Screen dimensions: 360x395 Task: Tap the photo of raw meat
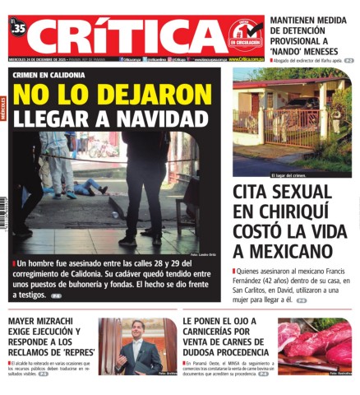[314, 346]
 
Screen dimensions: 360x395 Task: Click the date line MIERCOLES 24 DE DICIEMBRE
[38, 59]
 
